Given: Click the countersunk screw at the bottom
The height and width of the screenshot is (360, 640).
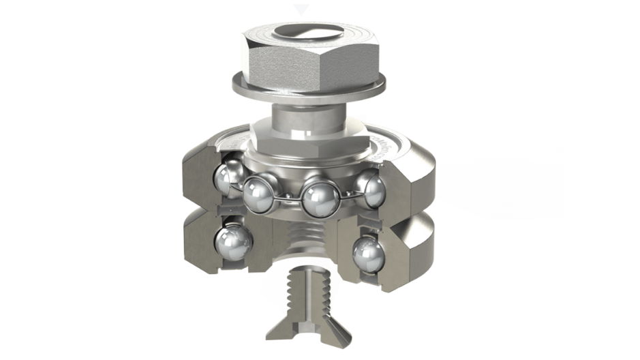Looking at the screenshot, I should (x=307, y=303).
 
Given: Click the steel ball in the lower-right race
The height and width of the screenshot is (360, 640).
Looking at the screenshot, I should (x=368, y=256).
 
